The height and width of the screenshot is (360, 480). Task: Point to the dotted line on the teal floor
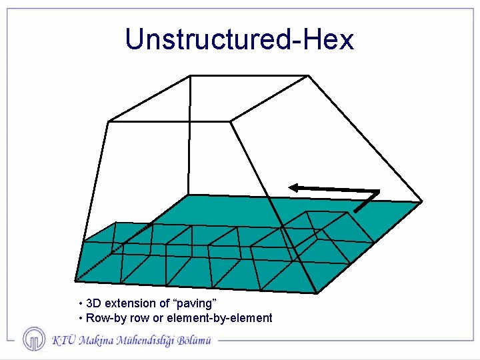coord(100,261)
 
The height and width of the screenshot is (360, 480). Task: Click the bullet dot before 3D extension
coord(80,304)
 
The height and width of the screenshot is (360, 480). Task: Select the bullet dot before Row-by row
coord(80,318)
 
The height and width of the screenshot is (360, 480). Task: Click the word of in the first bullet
coord(164,303)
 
